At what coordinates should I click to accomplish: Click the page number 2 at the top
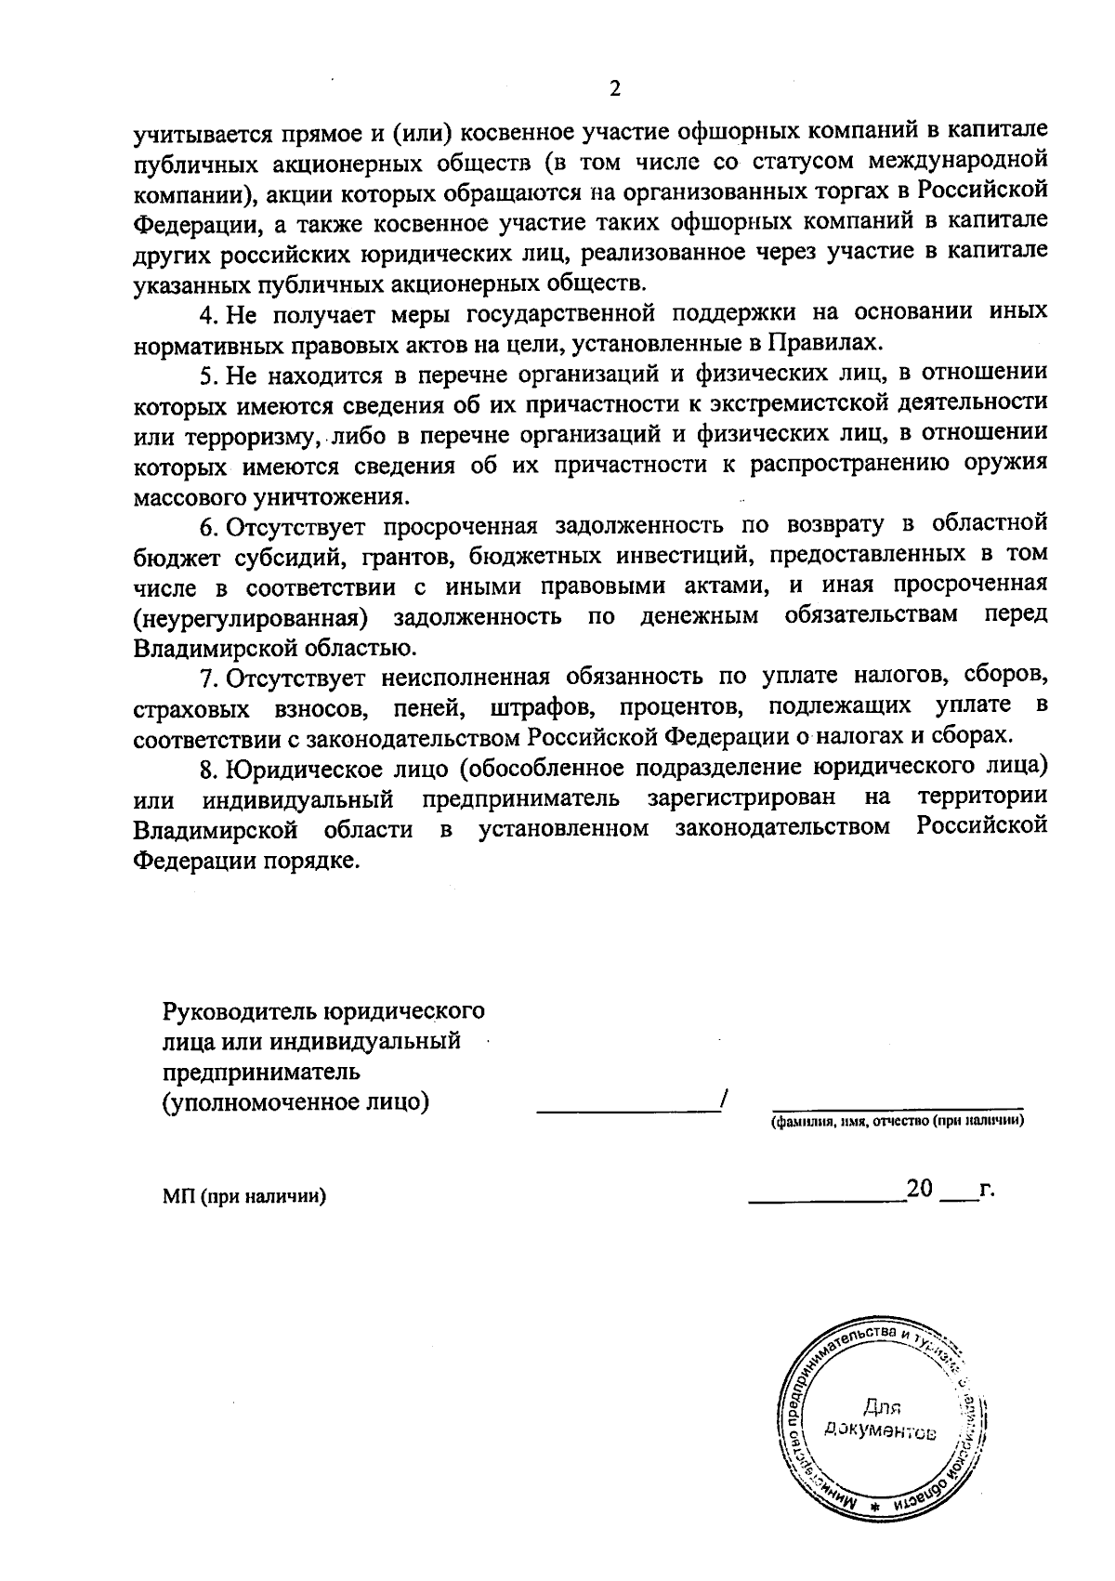point(612,89)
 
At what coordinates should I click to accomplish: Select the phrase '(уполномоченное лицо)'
point(295,1102)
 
